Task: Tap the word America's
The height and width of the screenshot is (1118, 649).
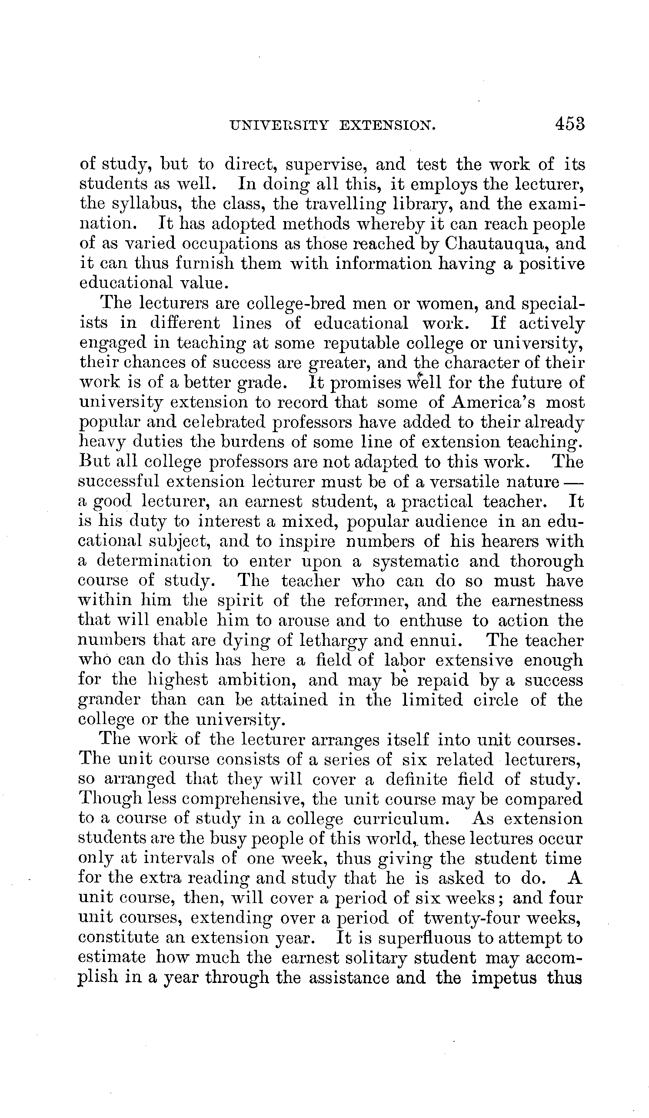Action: click(x=493, y=402)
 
